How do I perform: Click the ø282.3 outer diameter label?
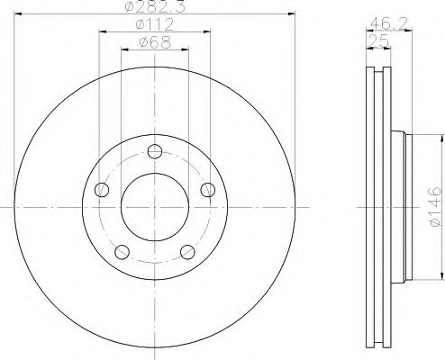[x=154, y=6]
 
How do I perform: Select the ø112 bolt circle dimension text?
[x=155, y=24]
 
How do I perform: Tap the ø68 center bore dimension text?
[x=155, y=42]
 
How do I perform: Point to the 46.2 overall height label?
[x=388, y=22]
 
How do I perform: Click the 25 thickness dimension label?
[x=379, y=40]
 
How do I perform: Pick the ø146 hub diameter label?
[x=435, y=207]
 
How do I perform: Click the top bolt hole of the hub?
[x=155, y=151]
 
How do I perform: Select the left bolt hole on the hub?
[x=102, y=190]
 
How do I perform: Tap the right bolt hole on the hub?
[x=208, y=190]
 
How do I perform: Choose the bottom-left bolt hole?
[x=122, y=252]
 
